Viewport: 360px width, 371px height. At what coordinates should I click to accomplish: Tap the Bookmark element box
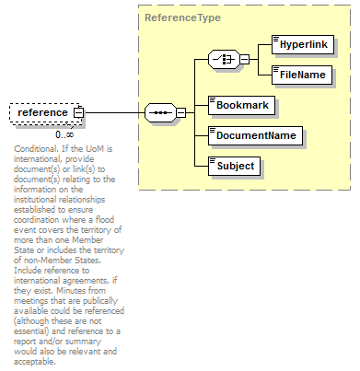[242, 105]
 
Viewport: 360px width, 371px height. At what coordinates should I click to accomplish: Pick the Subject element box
[238, 167]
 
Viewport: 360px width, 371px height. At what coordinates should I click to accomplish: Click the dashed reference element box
[43, 112]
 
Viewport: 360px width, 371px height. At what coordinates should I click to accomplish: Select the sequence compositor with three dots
[160, 112]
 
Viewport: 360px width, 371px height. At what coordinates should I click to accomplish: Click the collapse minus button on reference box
[78, 112]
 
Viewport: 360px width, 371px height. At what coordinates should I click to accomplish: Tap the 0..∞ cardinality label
[64, 134]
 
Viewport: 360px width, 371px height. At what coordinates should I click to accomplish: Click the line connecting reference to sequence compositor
[115, 112]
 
